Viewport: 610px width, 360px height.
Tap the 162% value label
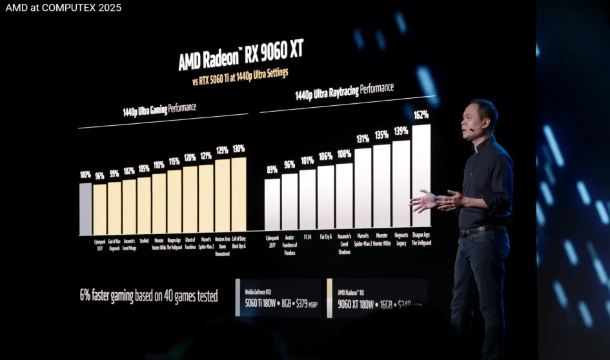[421, 115]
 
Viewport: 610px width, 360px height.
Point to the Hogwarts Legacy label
[402, 241]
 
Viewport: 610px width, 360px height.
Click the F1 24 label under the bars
[307, 237]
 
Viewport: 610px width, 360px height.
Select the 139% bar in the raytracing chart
[402, 185]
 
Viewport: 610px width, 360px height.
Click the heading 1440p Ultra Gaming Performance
[159, 109]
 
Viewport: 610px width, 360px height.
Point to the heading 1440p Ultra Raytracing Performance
[344, 92]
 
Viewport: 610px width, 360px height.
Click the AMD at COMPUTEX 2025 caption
[63, 8]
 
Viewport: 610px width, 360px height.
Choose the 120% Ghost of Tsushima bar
[190, 200]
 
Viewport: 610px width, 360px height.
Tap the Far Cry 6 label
[325, 237]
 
